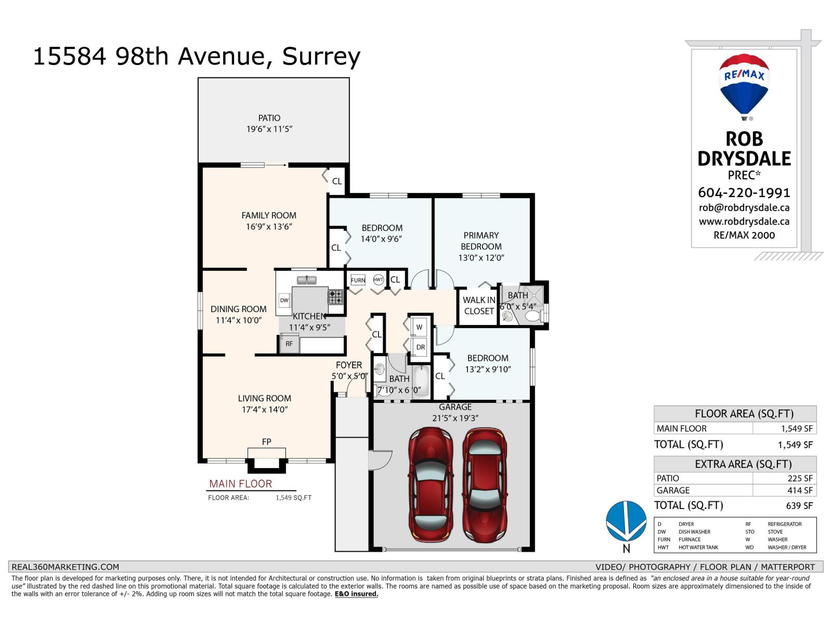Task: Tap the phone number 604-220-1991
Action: click(744, 193)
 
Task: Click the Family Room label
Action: click(269, 215)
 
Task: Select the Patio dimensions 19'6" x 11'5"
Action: click(269, 129)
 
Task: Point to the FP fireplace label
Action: click(266, 441)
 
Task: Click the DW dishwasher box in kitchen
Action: click(284, 300)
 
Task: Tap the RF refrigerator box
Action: click(289, 344)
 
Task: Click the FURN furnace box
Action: click(358, 280)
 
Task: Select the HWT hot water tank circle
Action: click(378, 280)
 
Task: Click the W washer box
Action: click(420, 327)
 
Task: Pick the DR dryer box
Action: click(420, 347)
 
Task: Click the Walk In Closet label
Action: click(478, 306)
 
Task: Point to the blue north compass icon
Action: click(626, 522)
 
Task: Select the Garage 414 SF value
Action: click(799, 490)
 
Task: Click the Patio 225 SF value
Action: click(799, 478)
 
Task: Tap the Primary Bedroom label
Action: click(481, 241)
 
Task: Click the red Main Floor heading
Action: click(240, 484)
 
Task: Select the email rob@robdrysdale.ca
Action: click(744, 208)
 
